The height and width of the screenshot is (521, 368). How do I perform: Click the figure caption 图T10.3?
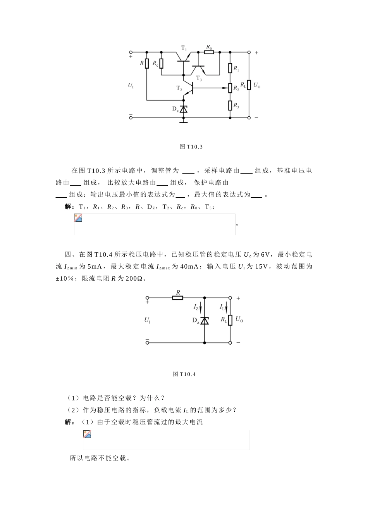(191, 147)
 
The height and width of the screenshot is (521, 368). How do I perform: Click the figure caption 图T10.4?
(184, 374)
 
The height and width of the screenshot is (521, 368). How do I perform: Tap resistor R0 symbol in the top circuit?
(209, 52)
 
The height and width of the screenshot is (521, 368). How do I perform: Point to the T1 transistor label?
(184, 48)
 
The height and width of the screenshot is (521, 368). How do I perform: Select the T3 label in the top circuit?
(199, 78)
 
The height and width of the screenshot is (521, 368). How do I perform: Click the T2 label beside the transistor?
(179, 88)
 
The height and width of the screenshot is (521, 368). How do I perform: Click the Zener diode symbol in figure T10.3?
(184, 109)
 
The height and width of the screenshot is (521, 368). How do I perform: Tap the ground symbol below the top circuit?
(184, 121)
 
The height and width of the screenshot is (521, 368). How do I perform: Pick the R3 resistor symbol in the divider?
(230, 105)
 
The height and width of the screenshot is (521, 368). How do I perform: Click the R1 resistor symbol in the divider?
(230, 69)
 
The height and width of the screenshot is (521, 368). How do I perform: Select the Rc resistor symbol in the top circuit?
(162, 63)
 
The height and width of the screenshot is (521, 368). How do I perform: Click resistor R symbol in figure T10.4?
(178, 298)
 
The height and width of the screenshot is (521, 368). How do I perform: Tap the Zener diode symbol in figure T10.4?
(205, 321)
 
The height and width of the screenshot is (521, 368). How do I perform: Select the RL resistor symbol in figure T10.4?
(230, 320)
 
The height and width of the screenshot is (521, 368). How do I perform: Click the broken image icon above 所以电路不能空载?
(88, 434)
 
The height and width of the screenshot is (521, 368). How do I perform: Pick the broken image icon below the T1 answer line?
(78, 218)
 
